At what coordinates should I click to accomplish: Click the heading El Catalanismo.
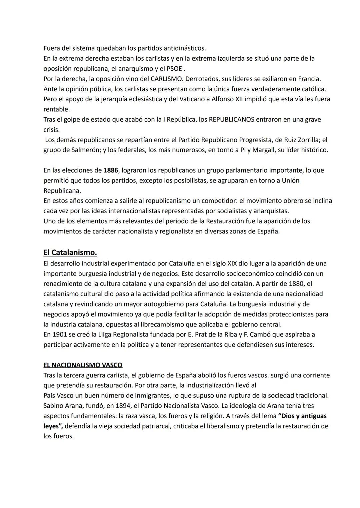(x=70, y=253)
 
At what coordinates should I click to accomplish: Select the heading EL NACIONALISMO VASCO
(x=83, y=365)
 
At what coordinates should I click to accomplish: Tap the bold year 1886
(x=111, y=170)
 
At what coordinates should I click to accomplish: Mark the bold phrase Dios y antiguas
(x=302, y=416)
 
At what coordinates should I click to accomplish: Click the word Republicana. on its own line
(x=62, y=191)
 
